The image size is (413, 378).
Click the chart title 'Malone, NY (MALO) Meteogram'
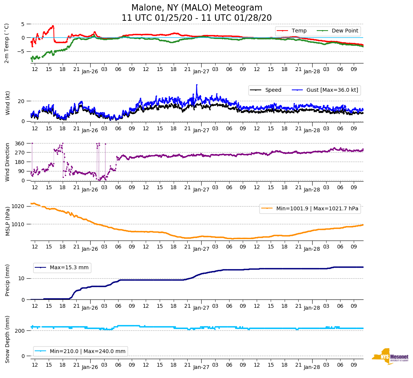click(196, 8)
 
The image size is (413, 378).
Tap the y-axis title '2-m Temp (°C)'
click(6, 43)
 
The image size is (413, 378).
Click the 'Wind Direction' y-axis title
click(8, 162)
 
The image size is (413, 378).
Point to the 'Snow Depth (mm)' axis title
click(8, 339)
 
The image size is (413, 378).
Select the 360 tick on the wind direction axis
click(20, 143)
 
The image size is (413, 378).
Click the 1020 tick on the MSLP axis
click(18, 206)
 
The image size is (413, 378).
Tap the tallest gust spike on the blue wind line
click(197, 85)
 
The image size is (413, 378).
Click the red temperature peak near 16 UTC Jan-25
click(53, 26)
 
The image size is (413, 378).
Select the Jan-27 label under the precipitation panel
click(201, 308)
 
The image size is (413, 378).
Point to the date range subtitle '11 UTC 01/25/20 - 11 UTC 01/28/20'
click(196, 18)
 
